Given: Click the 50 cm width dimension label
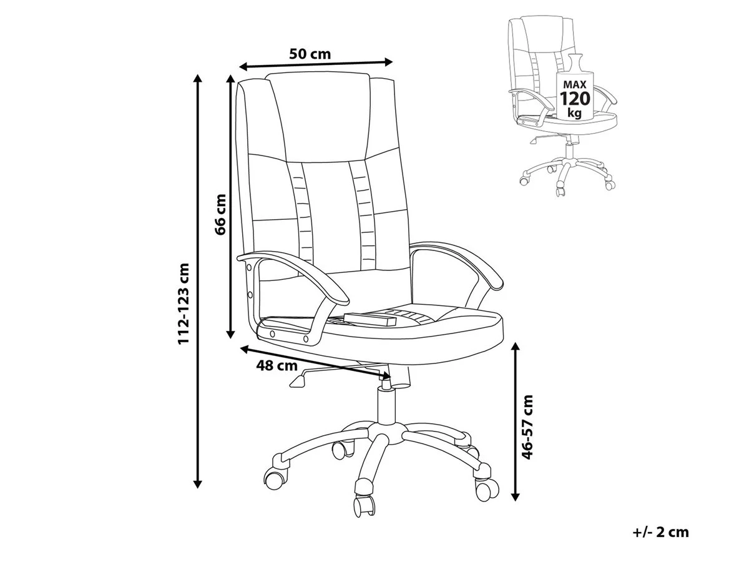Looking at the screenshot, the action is pyautogui.click(x=310, y=54).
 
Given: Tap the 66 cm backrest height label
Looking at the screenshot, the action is pyautogui.click(x=220, y=214).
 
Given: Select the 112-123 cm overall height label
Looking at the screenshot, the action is pyautogui.click(x=184, y=303).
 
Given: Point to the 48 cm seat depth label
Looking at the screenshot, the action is pyautogui.click(x=277, y=366).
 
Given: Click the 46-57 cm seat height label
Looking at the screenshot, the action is pyautogui.click(x=527, y=427).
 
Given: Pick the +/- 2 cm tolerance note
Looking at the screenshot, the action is pyautogui.click(x=660, y=532).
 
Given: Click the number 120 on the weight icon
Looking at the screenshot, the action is pyautogui.click(x=575, y=99).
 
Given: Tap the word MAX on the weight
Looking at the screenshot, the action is pyautogui.click(x=575, y=84).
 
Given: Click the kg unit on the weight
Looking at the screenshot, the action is pyautogui.click(x=574, y=112).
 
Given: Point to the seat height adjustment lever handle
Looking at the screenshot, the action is pyautogui.click(x=298, y=381).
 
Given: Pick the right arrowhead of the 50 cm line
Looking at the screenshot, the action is pyautogui.click(x=388, y=62).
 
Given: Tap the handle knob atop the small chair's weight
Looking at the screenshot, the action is pyautogui.click(x=575, y=63).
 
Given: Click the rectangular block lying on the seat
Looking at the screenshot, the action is pyautogui.click(x=370, y=318).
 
